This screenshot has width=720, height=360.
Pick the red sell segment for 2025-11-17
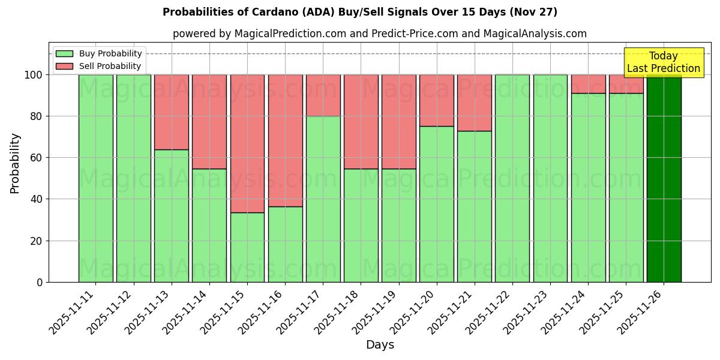[323, 95]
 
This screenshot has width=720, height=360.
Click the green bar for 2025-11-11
[95, 178]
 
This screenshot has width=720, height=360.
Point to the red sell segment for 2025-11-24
[588, 84]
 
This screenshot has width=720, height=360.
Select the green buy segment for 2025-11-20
[436, 204]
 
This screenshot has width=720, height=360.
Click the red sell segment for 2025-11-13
[171, 112]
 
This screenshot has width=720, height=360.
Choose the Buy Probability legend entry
[99, 53]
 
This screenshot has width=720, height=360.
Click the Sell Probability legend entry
[99, 66]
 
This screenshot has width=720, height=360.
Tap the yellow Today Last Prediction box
[663, 62]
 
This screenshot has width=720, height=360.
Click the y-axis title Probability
[15, 163]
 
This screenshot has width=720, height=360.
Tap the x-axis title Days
[380, 345]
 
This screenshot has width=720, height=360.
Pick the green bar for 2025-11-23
[550, 178]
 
